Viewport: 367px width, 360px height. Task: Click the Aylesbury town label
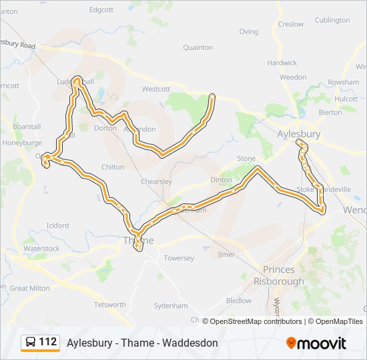(298, 134)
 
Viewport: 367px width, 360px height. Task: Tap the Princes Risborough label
(284, 275)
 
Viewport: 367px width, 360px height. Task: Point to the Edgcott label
(101, 10)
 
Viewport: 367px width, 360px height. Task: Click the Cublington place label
(332, 20)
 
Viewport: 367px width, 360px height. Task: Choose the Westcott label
(156, 89)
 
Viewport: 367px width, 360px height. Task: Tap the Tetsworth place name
(109, 305)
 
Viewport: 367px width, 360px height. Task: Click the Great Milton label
(29, 289)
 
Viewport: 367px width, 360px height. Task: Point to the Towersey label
(179, 258)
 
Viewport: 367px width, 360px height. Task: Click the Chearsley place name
(156, 181)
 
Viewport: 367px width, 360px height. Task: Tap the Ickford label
(57, 225)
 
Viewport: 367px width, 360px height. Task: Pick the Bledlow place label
(239, 301)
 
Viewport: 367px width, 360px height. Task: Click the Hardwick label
(282, 63)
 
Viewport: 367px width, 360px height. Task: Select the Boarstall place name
(27, 127)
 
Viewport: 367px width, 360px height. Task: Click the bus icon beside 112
(31, 343)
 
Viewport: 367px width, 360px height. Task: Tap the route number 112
(48, 342)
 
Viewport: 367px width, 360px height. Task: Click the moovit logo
(316, 343)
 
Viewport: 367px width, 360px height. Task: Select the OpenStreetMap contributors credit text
(252, 321)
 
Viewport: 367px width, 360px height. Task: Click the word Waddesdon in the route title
(191, 343)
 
